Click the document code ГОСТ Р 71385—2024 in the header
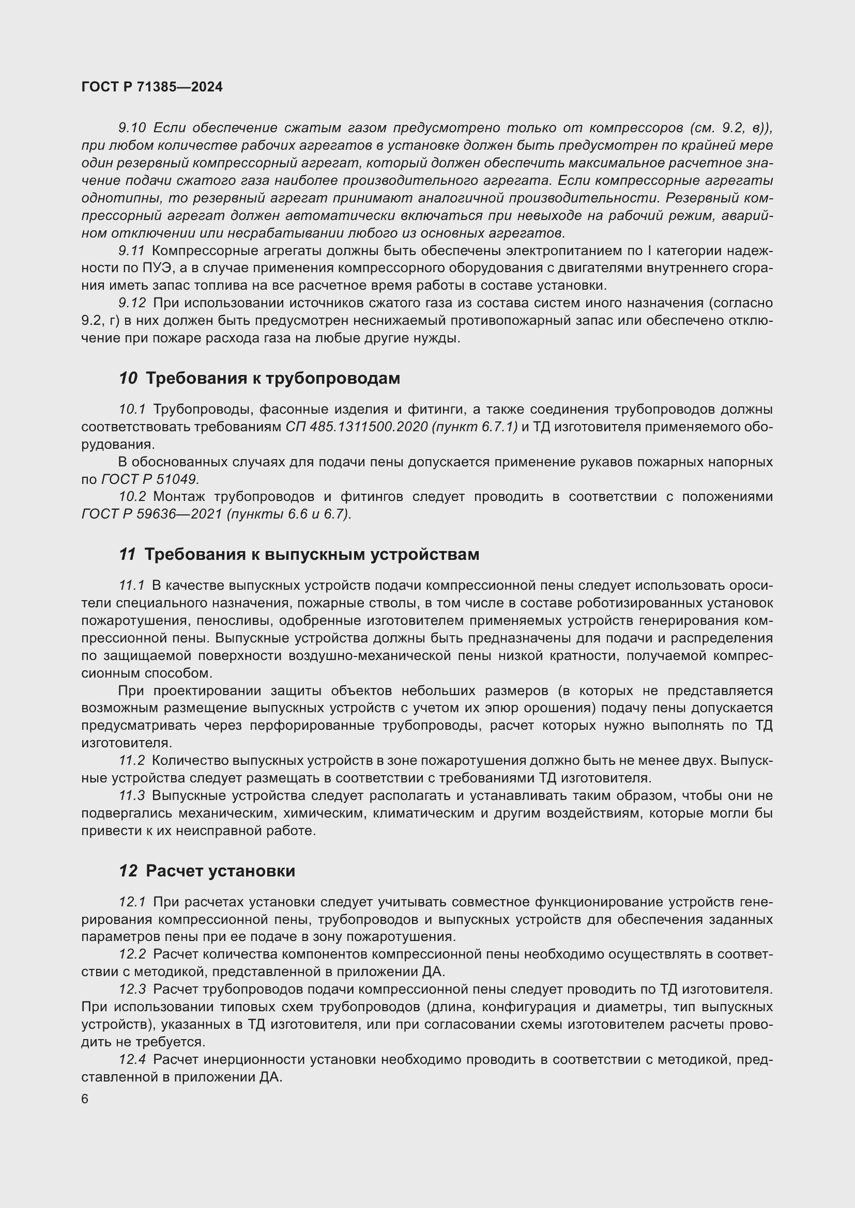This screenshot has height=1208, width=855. point(152,87)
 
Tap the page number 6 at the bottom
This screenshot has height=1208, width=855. point(85,1099)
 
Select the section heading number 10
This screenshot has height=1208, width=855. point(128,378)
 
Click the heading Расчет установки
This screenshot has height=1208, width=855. point(220,871)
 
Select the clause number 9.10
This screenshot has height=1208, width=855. point(132,128)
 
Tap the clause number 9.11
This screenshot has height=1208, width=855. point(131,250)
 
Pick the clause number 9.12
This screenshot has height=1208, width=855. point(132,303)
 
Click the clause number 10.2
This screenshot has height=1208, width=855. point(132,497)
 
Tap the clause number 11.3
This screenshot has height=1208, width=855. point(132,795)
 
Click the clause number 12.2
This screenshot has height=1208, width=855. point(132,954)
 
